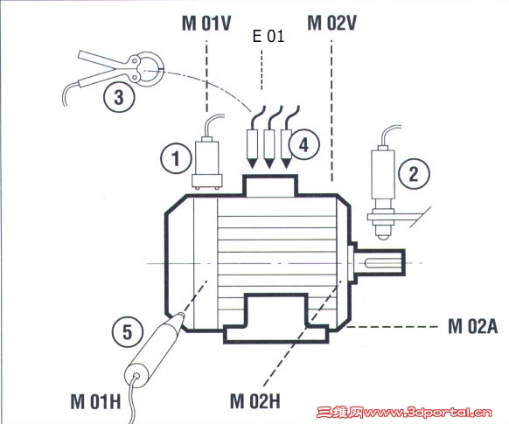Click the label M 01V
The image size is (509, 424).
point(206,24)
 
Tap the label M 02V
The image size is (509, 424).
point(331,23)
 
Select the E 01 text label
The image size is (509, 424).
point(268,36)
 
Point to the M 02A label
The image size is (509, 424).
point(472,326)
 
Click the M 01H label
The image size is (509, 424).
point(95,401)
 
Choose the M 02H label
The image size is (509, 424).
point(254,401)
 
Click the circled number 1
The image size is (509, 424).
point(176,158)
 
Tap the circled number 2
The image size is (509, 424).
point(414,174)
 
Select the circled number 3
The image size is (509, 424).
point(119,97)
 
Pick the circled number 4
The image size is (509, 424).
point(303,144)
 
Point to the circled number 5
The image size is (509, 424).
point(128,331)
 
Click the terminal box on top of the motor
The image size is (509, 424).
point(270,185)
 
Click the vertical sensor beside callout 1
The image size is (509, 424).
point(206,163)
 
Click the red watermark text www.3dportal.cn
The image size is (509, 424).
point(429,413)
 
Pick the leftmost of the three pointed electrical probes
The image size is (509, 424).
point(252,149)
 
